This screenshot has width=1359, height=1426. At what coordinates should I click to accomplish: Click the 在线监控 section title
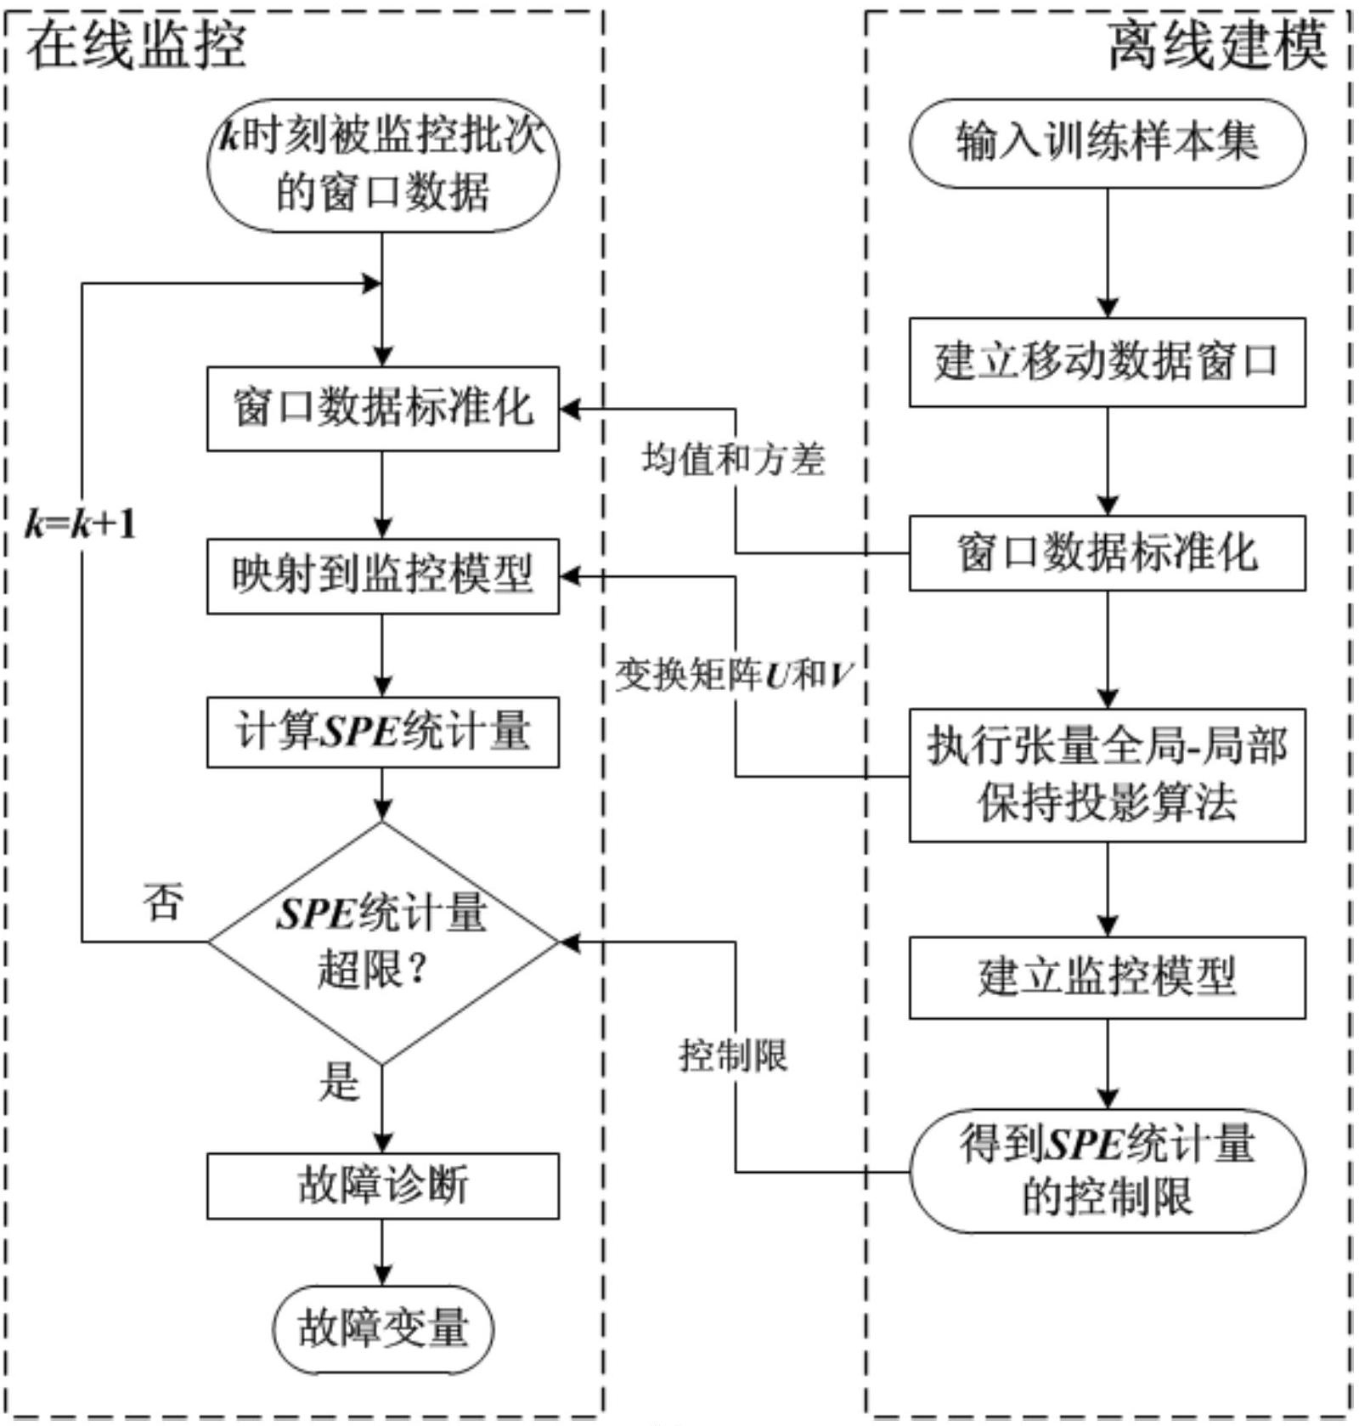136,46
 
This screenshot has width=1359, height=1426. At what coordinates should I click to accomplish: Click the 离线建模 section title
1216,46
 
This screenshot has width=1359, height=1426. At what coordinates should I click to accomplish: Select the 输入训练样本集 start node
1107,143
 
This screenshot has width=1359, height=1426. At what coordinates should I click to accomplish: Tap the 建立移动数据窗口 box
1107,362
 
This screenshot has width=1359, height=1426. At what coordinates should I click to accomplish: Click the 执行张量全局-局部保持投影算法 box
1107,774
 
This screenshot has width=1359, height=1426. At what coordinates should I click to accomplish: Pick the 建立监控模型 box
1107,977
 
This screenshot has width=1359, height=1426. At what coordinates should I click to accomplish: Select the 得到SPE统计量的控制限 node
1107,1170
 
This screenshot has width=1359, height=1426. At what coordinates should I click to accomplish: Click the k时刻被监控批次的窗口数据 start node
383,165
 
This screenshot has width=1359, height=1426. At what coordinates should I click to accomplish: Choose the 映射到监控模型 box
383,575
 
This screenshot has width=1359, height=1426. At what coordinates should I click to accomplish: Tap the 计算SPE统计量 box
383,732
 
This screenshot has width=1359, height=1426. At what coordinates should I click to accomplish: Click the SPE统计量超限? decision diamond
383,942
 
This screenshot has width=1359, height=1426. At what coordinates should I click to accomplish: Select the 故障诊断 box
383,1186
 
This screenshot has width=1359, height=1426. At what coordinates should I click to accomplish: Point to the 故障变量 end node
383,1328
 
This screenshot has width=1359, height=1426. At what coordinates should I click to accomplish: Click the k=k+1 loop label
81,524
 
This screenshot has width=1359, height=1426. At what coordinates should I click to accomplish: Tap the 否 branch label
163,902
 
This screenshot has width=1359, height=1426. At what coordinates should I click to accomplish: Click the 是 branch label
339,1082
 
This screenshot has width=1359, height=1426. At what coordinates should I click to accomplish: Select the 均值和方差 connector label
733,460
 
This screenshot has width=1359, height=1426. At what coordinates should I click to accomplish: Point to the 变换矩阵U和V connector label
733,676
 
